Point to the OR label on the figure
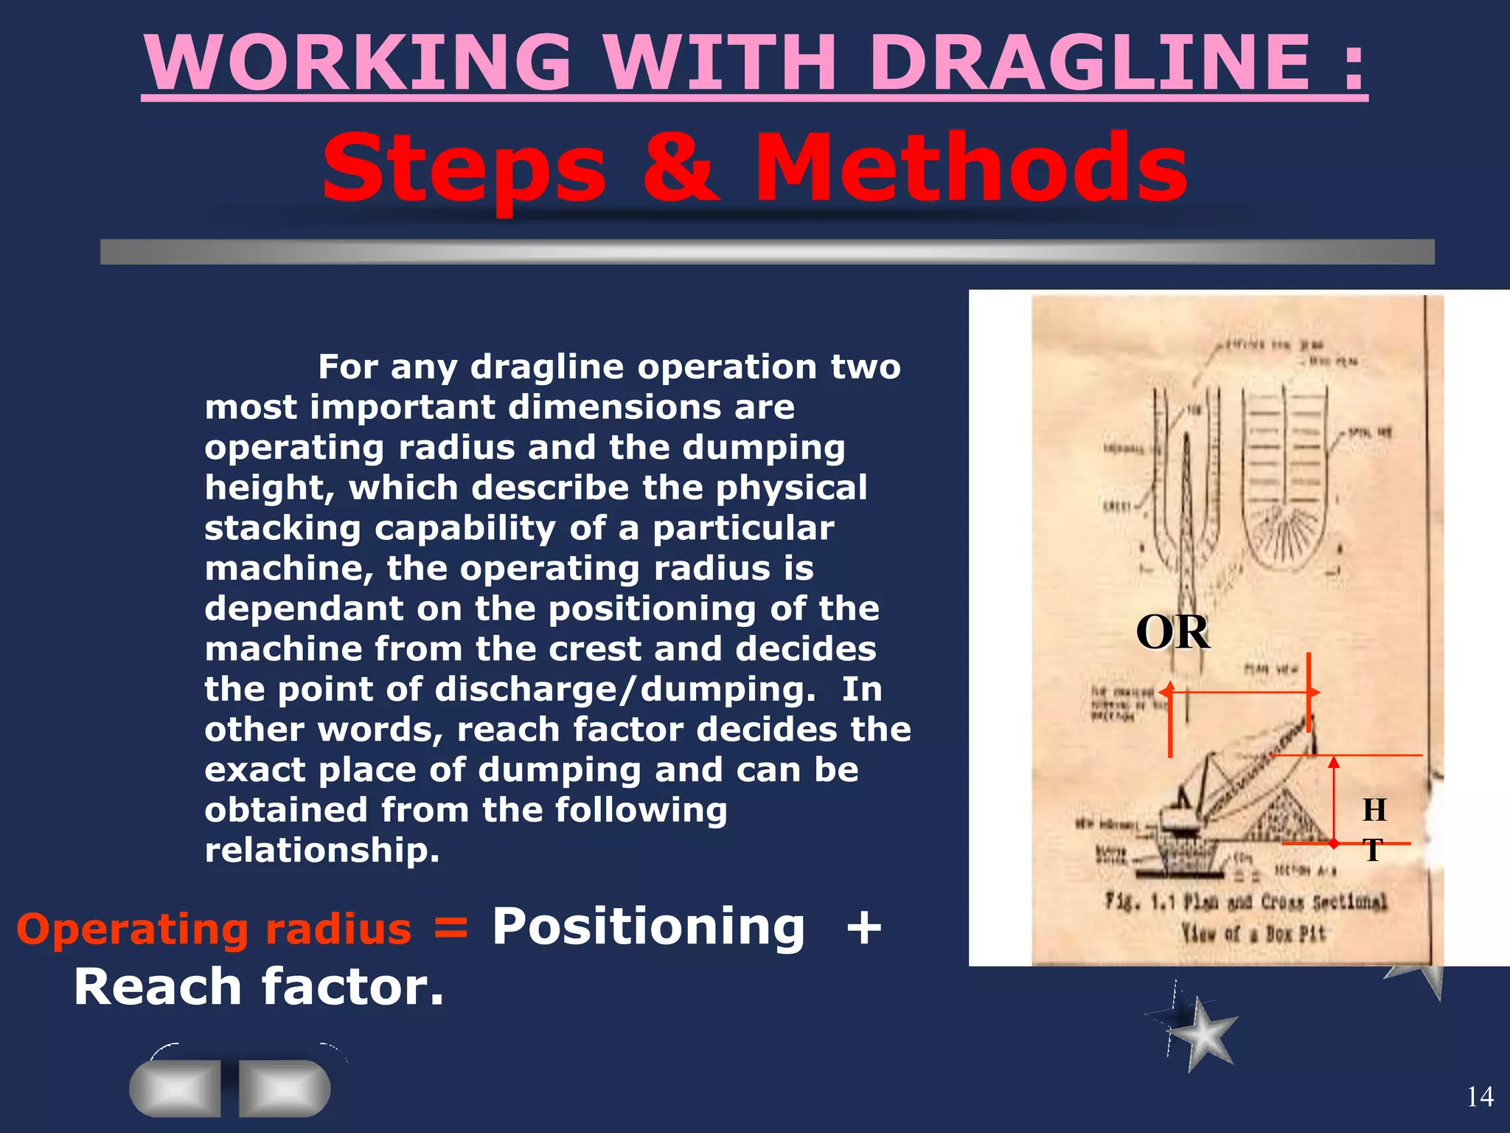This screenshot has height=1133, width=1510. (1172, 632)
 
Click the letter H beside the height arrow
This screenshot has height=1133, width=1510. (1374, 810)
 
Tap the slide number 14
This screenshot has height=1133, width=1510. (1480, 1097)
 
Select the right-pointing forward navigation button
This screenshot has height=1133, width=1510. (285, 1088)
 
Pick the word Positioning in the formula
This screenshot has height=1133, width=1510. (648, 926)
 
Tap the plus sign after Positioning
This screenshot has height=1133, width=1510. (864, 928)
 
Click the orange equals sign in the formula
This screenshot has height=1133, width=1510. (450, 928)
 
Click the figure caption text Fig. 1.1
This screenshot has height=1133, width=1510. (1139, 901)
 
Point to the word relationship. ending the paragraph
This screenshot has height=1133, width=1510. (322, 850)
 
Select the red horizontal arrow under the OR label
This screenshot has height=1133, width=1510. (1239, 693)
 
